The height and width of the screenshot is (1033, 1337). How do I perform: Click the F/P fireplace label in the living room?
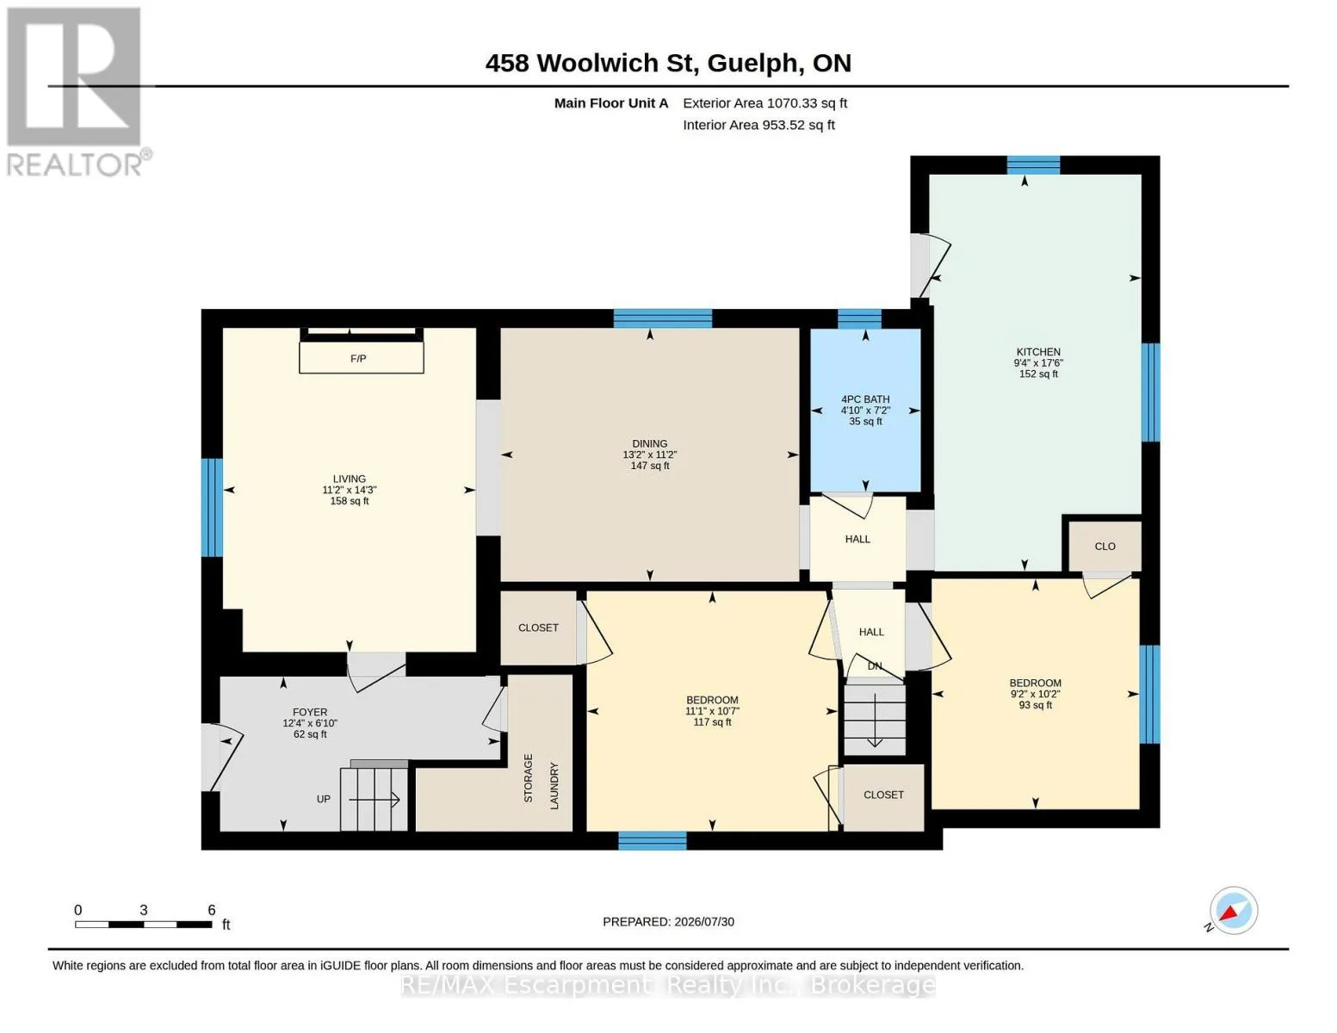(x=358, y=358)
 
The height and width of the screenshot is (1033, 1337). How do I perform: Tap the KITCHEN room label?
(x=1038, y=352)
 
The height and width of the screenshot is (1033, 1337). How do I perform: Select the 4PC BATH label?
(x=865, y=399)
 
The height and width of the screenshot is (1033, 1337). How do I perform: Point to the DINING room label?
(x=650, y=443)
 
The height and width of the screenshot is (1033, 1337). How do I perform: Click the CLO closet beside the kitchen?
(x=1105, y=547)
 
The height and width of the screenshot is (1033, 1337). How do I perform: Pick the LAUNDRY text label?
(x=554, y=786)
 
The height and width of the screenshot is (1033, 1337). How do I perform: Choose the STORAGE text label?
(x=529, y=778)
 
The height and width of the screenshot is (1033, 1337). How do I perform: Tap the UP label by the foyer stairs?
(x=323, y=799)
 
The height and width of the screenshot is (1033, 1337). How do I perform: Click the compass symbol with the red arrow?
(x=1234, y=911)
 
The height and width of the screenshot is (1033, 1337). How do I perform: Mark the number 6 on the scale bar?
(x=212, y=909)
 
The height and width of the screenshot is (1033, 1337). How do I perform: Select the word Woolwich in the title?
(x=597, y=63)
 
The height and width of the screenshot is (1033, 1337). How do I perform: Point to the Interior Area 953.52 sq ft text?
(x=758, y=125)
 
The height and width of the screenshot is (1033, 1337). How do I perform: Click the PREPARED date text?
(x=668, y=922)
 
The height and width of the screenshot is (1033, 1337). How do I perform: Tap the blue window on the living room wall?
(x=212, y=508)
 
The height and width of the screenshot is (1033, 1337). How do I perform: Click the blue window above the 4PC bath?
(x=859, y=319)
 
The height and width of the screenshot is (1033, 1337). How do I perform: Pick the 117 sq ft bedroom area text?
(x=712, y=722)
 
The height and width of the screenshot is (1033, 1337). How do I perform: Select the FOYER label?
(x=310, y=712)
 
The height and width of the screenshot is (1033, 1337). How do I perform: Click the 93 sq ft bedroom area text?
(x=1036, y=705)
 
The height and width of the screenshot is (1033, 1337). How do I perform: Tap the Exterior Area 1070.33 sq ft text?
(x=764, y=102)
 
